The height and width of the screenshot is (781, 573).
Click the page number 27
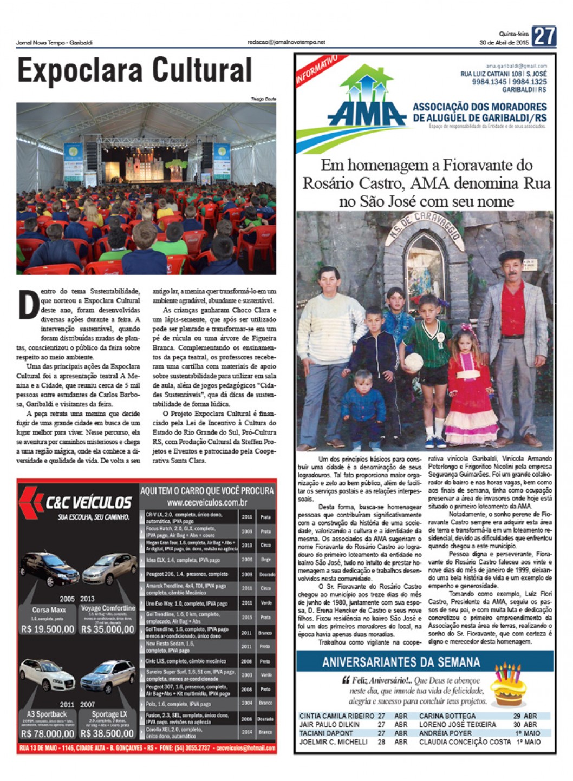(544, 36)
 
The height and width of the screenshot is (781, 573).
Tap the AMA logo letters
(367, 113)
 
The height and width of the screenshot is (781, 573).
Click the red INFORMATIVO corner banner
(317, 69)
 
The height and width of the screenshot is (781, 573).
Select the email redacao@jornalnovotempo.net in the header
(286, 42)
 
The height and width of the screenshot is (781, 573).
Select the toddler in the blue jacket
(363, 403)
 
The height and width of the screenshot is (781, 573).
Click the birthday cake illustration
(508, 685)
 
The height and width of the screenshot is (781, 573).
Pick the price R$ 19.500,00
(48, 629)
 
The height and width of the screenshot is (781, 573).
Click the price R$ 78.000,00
(48, 733)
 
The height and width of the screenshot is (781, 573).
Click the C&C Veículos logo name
(88, 502)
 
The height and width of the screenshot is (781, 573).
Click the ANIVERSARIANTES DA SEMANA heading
(401, 662)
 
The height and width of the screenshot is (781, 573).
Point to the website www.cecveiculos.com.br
(207, 503)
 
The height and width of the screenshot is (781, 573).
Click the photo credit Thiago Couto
(263, 99)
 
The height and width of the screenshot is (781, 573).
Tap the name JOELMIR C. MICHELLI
(334, 742)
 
